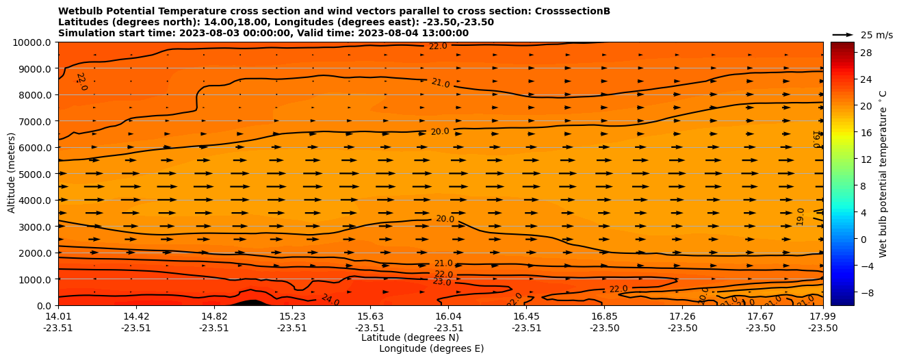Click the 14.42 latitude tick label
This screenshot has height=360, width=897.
pos(136,316)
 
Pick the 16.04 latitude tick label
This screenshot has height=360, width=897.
pos(448,316)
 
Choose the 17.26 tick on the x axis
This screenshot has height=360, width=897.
pos(682,316)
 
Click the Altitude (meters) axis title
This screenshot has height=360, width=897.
pos(12,174)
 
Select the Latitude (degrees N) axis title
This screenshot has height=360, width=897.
pos(410,337)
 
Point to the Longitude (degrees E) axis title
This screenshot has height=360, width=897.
pos(431,348)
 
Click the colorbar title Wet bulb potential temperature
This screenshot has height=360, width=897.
pos(883,174)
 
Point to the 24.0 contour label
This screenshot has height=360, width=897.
pos(330,298)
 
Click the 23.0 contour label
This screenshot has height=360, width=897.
pos(442,281)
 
